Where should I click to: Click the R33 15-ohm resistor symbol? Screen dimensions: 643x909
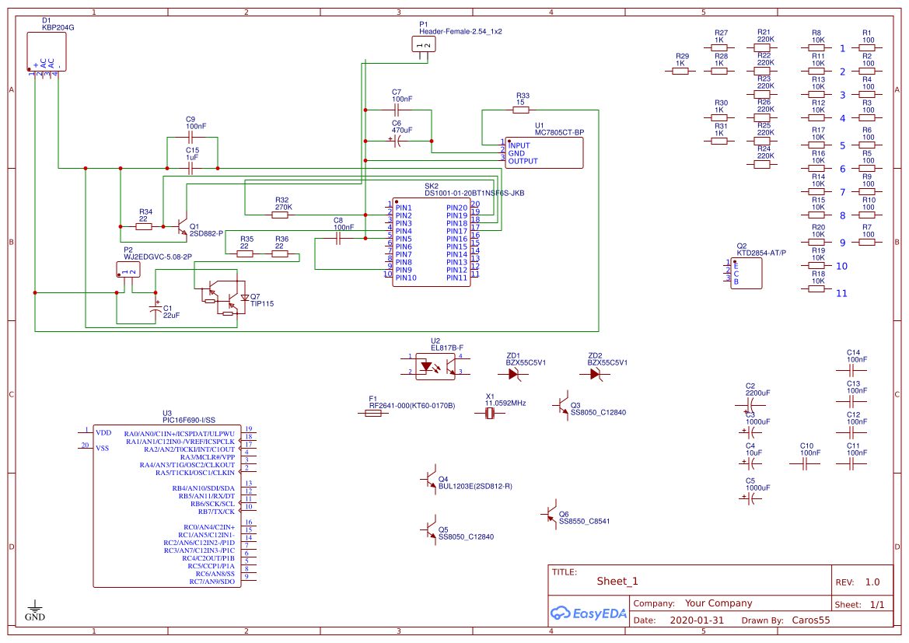[522, 110]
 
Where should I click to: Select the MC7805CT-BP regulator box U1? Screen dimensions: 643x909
[544, 152]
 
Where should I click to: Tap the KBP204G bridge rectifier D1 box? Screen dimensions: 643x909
[47, 51]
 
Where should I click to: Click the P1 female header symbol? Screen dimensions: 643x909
[424, 45]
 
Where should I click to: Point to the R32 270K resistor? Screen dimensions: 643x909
[281, 215]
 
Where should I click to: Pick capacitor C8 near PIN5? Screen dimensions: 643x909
[338, 239]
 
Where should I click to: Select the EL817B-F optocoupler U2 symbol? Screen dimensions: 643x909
[435, 365]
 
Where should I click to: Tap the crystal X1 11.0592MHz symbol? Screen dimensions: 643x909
[490, 414]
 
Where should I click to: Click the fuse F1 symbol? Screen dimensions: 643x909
[373, 414]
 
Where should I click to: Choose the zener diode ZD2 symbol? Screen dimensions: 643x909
[595, 373]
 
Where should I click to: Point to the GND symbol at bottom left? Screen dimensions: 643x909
[35, 607]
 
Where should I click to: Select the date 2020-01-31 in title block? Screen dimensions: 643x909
[696, 620]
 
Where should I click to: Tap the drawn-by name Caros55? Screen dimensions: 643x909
[810, 620]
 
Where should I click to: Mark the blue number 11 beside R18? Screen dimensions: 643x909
[841, 293]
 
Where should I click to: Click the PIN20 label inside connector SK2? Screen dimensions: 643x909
[457, 208]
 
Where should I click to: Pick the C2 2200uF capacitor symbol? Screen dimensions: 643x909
[750, 404]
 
